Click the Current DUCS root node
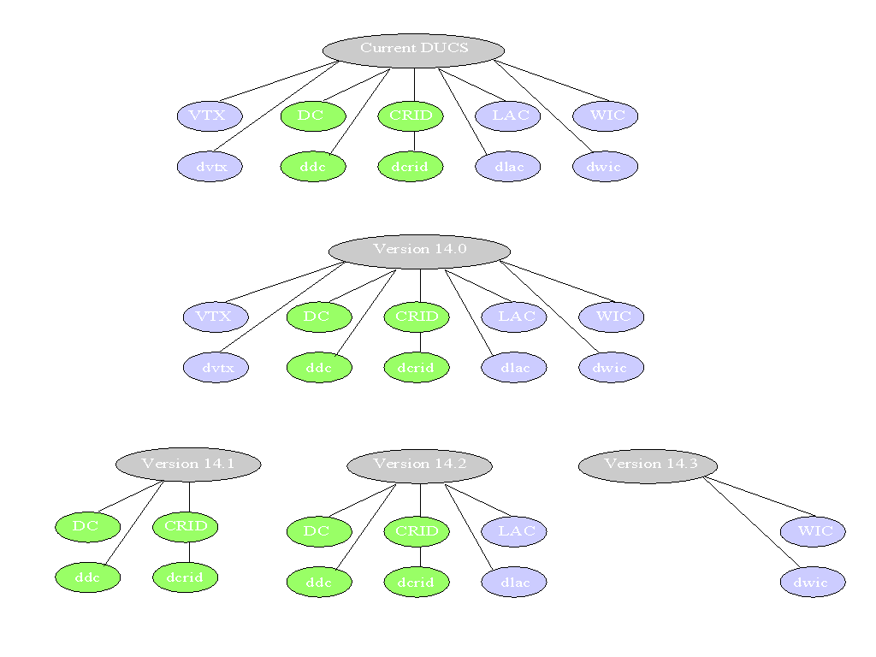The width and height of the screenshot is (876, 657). pos(414,50)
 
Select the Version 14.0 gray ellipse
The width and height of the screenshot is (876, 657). pos(419,251)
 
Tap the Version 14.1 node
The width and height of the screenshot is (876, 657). pos(188,465)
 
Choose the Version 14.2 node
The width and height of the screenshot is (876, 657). pos(419,465)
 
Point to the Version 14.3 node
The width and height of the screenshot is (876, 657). pos(648,465)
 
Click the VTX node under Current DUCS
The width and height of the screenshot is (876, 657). pos(210,116)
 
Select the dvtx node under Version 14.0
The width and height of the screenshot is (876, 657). pos(216,369)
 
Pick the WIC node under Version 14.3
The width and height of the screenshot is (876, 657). pos(813,531)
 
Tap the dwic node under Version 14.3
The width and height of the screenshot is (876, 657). pos(813,583)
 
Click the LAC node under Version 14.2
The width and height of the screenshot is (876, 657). pos(514,532)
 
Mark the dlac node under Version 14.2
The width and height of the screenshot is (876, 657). pos(514,583)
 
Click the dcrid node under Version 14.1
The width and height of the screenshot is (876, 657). pos(186,577)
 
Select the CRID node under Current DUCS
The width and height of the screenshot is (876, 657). pos(411,116)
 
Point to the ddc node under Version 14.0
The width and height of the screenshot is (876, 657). pos(319,369)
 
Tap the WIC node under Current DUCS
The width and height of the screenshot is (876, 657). pos(606,116)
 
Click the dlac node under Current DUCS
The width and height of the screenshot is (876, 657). pos(508,167)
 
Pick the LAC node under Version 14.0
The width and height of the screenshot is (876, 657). pos(514,317)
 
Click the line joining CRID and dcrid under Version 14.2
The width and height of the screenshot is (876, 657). pos(419,557)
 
